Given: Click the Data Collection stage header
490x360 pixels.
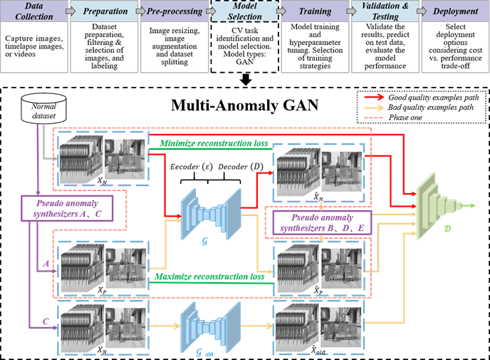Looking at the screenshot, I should [35, 12].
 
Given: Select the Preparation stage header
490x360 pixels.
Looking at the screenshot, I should [104, 12].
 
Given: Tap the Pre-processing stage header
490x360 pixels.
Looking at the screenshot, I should [172, 12].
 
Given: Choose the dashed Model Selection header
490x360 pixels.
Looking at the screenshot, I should [244, 12].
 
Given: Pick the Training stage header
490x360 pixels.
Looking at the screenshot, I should [313, 12].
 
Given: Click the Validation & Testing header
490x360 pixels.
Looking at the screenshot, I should [384, 12].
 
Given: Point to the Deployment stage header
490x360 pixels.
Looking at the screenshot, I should [454, 12].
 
